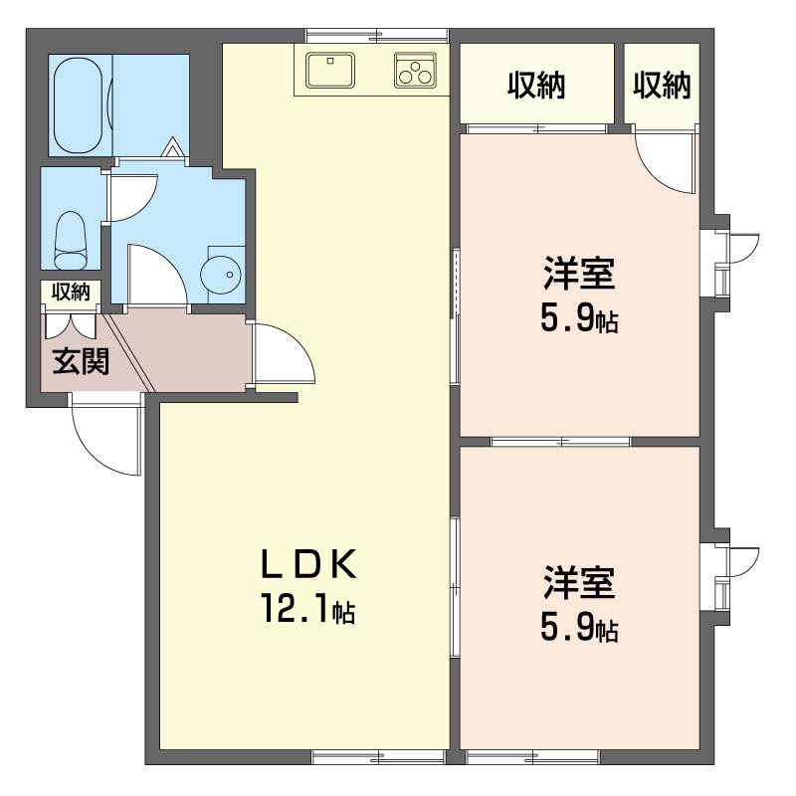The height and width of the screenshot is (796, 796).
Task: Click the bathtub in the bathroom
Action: point(78,105)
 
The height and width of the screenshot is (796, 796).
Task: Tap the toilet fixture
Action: point(70,240)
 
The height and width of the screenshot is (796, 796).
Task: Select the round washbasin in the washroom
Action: point(220,276)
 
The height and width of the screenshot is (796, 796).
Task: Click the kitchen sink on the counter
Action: point(330,69)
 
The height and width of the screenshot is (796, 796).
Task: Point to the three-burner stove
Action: point(415,70)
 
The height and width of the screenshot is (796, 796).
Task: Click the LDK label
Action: point(308,564)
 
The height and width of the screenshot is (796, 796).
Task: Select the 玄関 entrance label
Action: point(82,361)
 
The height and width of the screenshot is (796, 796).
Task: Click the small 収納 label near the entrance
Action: point(71,292)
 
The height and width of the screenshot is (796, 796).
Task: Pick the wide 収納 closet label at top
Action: point(536,85)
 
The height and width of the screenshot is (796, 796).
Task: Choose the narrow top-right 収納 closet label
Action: point(662,85)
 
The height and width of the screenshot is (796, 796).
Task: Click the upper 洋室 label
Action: point(579,273)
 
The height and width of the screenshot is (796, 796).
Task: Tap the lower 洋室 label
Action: point(579,582)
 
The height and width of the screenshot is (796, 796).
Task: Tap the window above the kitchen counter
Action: point(377,36)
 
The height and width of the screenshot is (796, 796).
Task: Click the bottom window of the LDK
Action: point(379,758)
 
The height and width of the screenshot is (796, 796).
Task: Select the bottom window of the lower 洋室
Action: point(533,758)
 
